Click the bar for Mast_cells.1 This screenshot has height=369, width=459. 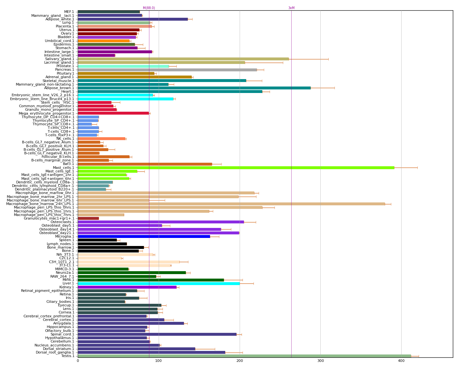point(235,168)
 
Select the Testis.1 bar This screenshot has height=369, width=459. point(244,356)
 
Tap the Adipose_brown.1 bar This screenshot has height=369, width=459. point(194,88)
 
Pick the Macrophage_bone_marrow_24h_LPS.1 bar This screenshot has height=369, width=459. point(231,204)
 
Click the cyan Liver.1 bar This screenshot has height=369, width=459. point(158,283)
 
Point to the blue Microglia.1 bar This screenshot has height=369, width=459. point(144,236)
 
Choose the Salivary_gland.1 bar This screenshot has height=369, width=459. point(183,59)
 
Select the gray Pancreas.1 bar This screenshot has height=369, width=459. point(167,70)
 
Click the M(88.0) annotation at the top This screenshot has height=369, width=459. point(149,8)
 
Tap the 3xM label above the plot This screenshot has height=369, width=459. point(291,8)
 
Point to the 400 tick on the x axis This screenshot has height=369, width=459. point(401,361)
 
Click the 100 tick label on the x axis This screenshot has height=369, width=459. point(158,361)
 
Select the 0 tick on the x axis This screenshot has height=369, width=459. point(78,361)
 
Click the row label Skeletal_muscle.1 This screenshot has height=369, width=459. point(58,81)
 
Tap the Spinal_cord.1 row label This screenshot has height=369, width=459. point(62,334)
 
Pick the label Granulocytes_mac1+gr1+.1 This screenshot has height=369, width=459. point(49,218)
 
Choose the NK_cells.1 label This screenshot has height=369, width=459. point(65,138)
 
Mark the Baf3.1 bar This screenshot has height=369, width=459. point(145,164)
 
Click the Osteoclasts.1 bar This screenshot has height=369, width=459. point(161,222)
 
